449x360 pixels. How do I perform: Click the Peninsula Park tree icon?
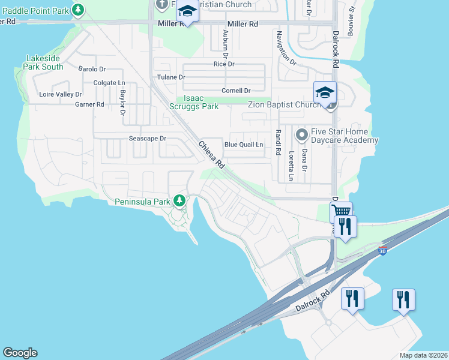[178, 200]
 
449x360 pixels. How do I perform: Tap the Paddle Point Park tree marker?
[78, 10]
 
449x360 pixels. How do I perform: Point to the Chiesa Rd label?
[211, 155]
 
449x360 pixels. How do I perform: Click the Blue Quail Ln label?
[244, 145]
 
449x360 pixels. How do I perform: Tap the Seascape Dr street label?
[147, 139]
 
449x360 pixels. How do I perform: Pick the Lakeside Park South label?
[44, 62]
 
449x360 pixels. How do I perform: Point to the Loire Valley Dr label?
[60, 95]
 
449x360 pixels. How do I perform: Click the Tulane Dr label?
[171, 77]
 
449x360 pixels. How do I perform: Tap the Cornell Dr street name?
[236, 91]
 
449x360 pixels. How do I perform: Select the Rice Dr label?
[224, 64]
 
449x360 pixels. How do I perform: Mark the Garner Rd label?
[89, 104]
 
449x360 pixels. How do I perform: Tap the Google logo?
[20, 353]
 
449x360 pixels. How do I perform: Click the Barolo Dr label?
[92, 69]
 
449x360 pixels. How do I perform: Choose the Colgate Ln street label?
[109, 83]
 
